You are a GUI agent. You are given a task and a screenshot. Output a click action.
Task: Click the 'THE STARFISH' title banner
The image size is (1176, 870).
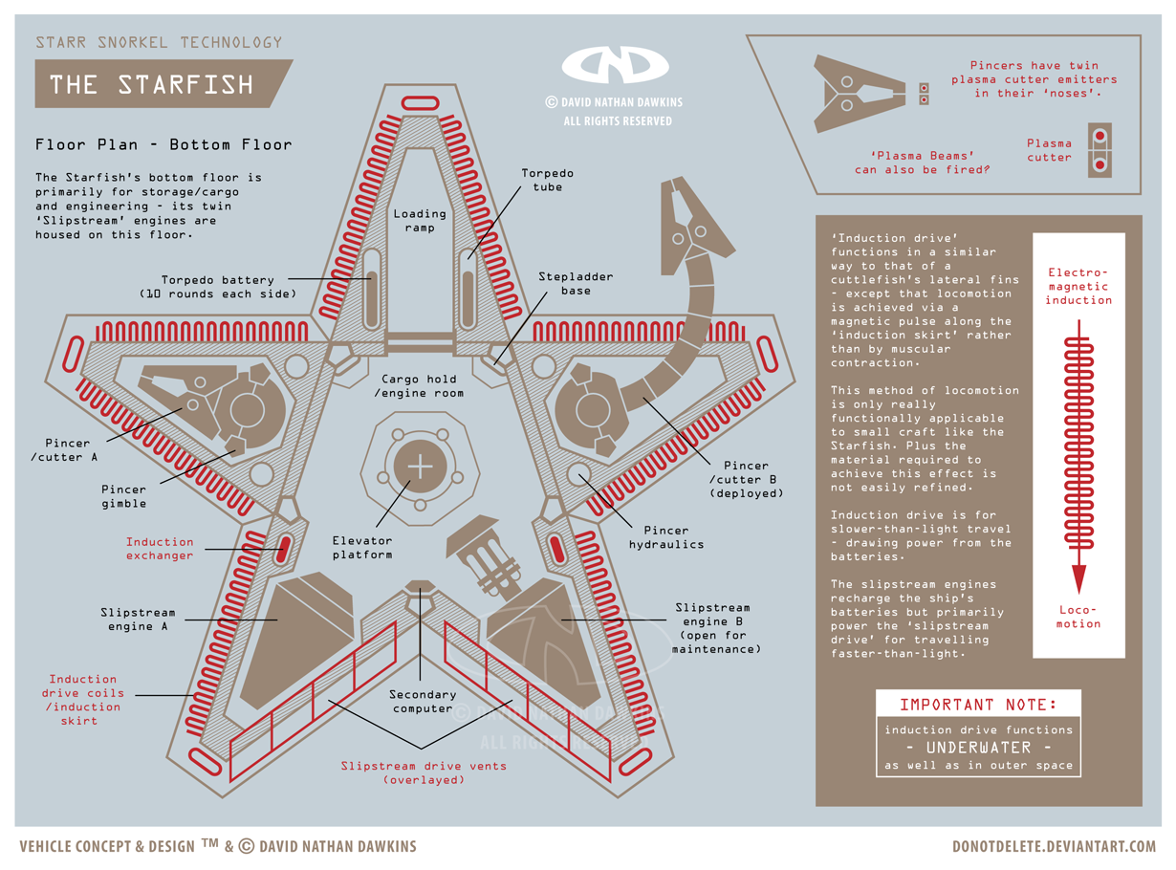153,84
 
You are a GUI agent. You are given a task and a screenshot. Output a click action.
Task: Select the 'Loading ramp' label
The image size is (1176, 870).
420,220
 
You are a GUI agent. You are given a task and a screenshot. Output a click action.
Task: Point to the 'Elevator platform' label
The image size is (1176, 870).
362,547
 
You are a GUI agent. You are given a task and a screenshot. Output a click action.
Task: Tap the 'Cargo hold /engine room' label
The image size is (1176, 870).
420,385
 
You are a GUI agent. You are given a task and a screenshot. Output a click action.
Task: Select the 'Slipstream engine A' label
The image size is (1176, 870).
138,619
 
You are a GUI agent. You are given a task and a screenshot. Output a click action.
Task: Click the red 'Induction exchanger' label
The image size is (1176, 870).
160,548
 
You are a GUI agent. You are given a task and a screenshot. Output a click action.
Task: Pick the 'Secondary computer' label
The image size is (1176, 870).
423,701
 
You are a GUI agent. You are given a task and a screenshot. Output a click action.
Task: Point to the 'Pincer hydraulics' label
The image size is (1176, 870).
666,536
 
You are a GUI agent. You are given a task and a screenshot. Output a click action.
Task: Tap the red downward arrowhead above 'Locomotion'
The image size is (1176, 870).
1078,578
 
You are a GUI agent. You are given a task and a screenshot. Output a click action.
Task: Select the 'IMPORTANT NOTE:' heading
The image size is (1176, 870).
978,705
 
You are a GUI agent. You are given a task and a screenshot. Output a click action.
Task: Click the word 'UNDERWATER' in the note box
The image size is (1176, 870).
978,747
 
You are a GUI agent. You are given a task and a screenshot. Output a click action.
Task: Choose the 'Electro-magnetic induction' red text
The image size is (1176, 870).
1078,286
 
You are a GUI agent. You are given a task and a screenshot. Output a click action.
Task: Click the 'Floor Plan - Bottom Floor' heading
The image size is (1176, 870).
163,145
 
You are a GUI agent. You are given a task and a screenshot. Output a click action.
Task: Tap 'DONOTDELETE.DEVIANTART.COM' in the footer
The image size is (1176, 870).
1054,846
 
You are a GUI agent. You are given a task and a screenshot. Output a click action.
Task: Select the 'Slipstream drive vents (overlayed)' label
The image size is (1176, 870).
424,772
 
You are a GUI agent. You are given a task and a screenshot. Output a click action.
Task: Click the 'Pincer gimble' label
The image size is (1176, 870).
124,496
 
